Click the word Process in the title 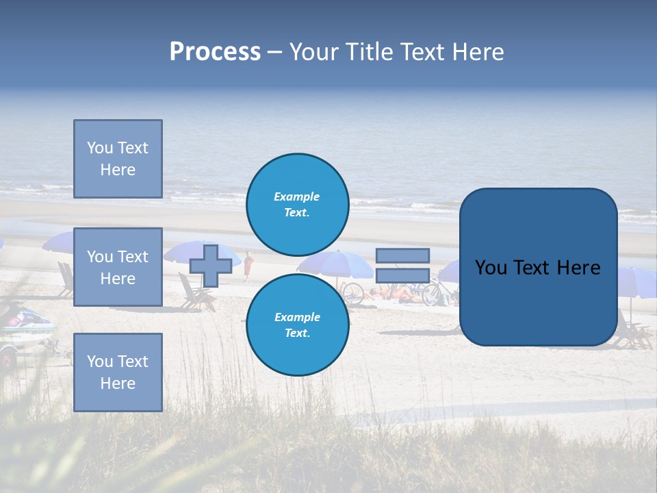click(215, 52)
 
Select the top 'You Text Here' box click(118, 159)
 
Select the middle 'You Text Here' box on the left click(118, 267)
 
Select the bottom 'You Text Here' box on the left click(118, 372)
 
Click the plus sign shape click(211, 266)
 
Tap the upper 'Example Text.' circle click(297, 204)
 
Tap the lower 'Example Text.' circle click(297, 325)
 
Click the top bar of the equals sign click(402, 255)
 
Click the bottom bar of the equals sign click(402, 275)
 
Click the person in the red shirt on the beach click(248, 266)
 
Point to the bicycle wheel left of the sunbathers click(353, 293)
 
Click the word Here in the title click(477, 52)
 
